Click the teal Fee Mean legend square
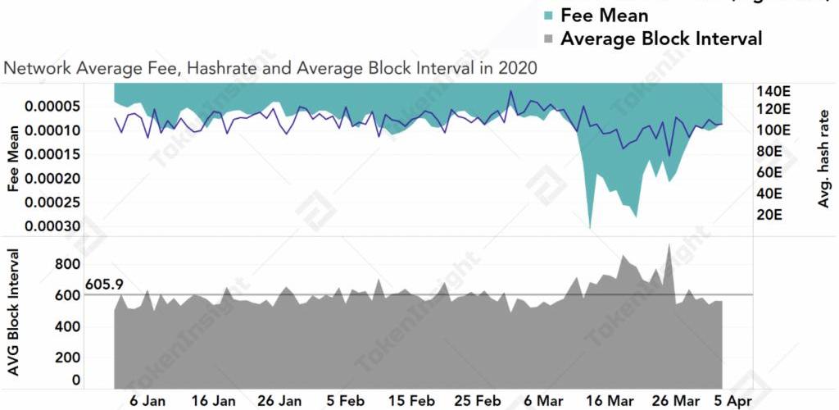coord(548,16)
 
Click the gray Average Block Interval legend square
coord(548,39)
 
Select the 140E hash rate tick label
coord(773,91)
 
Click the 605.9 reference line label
coord(104,285)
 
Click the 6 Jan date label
coord(147,401)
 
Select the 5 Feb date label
coord(345,401)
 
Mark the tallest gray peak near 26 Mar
coord(669,244)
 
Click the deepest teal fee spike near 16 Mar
coord(591,227)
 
